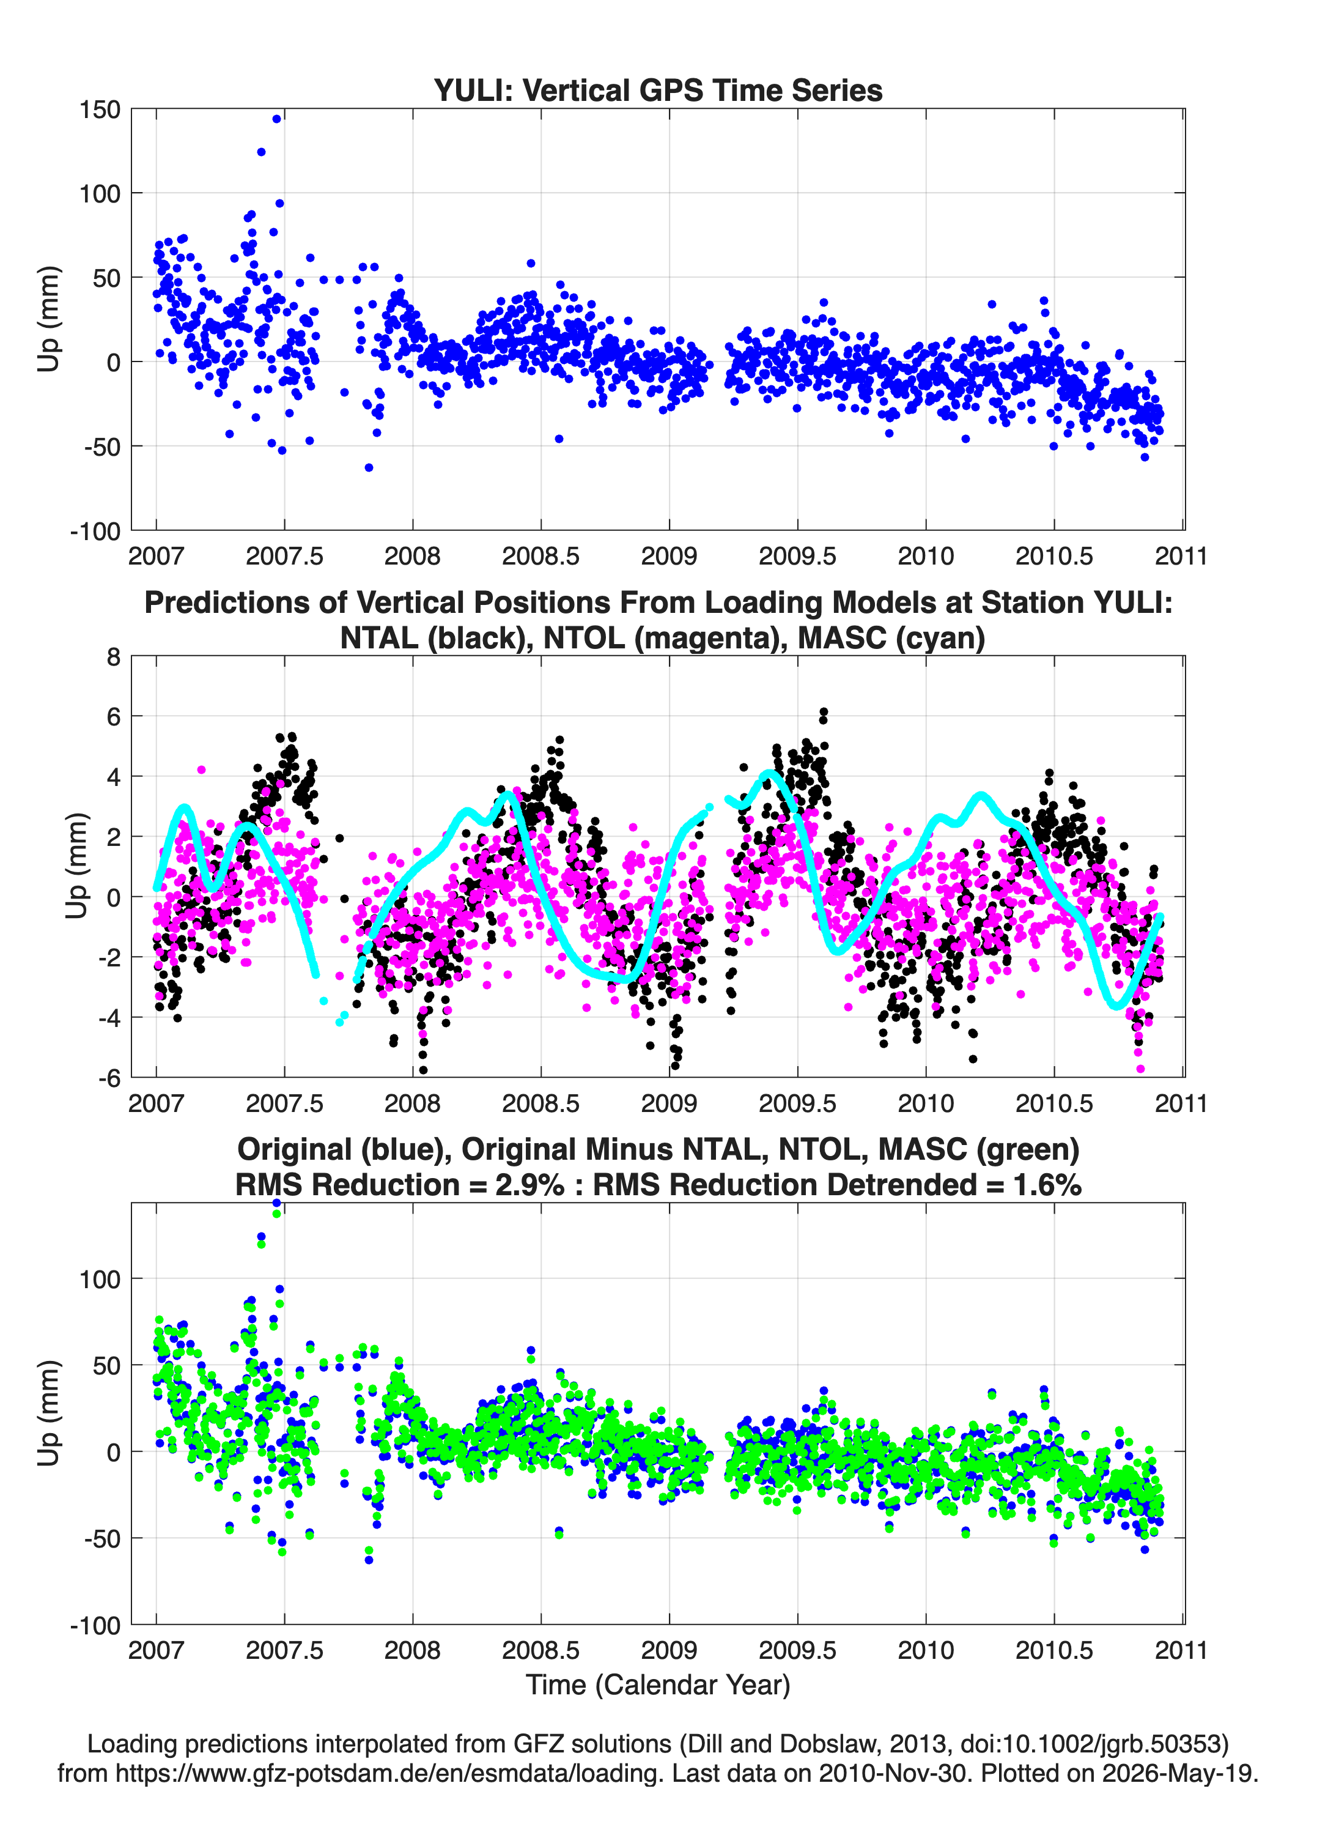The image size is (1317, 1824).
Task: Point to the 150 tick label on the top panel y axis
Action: (100, 109)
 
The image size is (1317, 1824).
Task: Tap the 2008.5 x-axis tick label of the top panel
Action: (540, 556)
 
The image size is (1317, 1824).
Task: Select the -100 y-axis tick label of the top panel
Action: (95, 531)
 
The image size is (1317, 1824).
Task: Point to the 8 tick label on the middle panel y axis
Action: (113, 656)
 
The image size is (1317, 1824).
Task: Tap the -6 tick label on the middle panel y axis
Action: (109, 1078)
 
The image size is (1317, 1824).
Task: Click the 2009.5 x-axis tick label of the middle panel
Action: (797, 1103)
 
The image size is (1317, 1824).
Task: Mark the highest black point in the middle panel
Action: (824, 712)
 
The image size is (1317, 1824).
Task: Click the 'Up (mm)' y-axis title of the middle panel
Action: (76, 866)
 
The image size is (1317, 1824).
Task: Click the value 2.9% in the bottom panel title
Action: (530, 1185)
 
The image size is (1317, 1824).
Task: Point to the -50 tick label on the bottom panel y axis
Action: (103, 1538)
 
